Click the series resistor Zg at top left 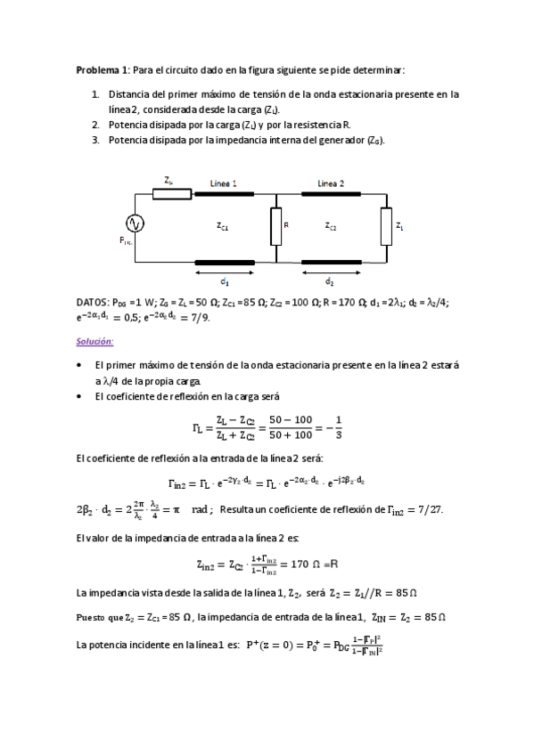(x=169, y=192)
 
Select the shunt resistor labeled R (x=275, y=227)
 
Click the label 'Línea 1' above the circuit (x=223, y=183)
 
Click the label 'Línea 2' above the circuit (x=333, y=183)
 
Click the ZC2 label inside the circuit (x=330, y=227)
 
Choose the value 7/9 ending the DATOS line (x=201, y=319)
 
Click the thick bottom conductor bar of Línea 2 (x=332, y=262)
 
